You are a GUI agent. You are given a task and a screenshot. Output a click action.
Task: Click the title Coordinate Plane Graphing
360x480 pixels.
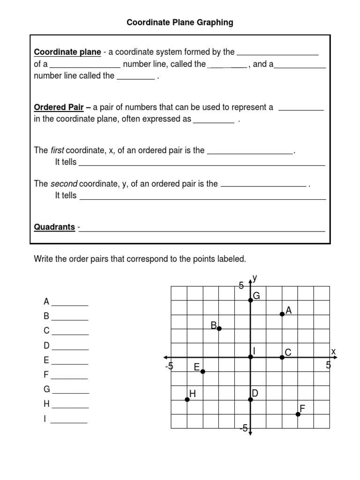180,22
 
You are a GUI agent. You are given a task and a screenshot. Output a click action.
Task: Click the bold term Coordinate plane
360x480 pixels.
67,52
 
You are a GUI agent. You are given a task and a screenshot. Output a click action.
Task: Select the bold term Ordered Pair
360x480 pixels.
59,107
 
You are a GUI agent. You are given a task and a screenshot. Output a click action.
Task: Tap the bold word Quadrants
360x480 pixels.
54,227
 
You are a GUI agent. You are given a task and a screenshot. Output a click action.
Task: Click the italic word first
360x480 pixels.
57,150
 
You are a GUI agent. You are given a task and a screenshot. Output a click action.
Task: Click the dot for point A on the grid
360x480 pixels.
282,314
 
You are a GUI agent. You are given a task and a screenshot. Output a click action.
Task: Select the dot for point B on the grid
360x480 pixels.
219,329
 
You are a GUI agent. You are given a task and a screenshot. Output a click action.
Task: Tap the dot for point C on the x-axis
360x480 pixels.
282,357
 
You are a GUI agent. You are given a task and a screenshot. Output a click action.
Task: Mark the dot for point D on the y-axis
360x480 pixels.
250,399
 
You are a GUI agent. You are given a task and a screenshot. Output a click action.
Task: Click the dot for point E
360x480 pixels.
202,372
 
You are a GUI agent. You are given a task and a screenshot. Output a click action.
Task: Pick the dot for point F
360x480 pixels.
298,414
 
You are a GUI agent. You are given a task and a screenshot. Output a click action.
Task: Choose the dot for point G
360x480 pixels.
250,300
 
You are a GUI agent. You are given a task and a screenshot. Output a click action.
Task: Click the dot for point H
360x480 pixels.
187,399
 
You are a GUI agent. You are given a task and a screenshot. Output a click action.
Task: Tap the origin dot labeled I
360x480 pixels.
250,357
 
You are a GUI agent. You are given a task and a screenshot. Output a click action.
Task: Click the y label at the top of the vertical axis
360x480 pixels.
255,278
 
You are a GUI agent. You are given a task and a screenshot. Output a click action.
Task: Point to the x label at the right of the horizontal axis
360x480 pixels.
333,352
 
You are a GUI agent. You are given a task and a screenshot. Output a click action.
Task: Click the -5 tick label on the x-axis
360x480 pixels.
169,366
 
